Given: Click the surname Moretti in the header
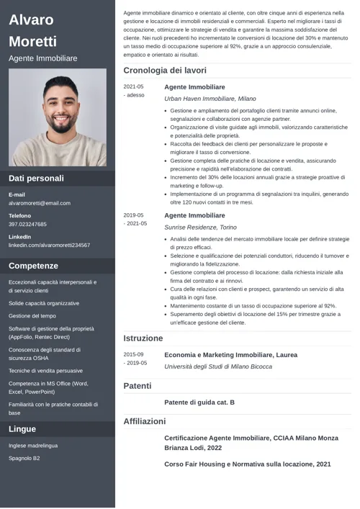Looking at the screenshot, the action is pos(32,41).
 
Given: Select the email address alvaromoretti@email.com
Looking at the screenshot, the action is pos(40,203).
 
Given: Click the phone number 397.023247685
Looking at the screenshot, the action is pos(27,224).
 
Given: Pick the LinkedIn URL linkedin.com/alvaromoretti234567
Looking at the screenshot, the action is pos(49,245).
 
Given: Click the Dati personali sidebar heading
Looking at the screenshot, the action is pos(36,178).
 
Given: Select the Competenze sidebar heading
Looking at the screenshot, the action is pos(33,266).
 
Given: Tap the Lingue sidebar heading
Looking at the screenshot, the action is pos(22,429).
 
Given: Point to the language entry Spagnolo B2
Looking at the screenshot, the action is pos(24,458).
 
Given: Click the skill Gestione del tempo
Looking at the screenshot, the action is pos(32,315).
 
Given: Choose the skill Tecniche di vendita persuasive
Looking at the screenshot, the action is pos(45,370).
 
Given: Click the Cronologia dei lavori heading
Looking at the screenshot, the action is pos(165,71).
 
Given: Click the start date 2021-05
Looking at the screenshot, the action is pos(133,86).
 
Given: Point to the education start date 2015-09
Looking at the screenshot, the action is pos(133,354).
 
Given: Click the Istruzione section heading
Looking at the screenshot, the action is pos(143,338).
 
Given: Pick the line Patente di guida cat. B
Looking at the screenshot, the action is pos(199,402).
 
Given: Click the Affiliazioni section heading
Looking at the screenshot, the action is pos(145,421).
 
